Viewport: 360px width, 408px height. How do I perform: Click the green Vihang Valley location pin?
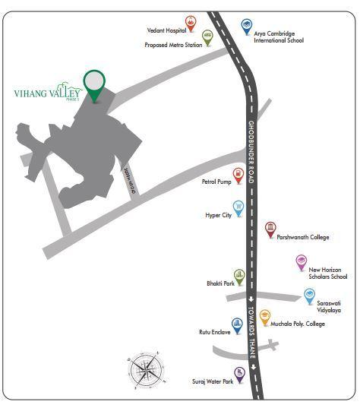pyautogui.click(x=94, y=84)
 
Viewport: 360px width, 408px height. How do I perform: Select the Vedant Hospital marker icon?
pyautogui.click(x=191, y=24)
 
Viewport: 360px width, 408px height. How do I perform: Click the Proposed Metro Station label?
pyautogui.click(x=172, y=45)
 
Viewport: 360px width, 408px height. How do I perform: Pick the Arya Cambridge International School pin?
pyautogui.click(x=246, y=27)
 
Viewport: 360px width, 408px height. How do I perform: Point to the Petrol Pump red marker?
pyautogui.click(x=238, y=176)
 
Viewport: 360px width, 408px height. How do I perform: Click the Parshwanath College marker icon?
pyautogui.click(x=270, y=229)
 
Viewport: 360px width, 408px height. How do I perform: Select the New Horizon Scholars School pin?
pyautogui.click(x=301, y=262)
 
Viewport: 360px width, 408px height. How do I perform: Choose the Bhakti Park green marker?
pyautogui.click(x=239, y=275)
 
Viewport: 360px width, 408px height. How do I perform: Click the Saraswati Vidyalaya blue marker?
pyautogui.click(x=309, y=296)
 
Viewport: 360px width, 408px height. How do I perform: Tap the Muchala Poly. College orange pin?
pyautogui.click(x=265, y=318)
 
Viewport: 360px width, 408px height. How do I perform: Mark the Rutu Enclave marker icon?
pyautogui.click(x=237, y=326)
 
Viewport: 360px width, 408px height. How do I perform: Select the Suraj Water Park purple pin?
pyautogui.click(x=239, y=373)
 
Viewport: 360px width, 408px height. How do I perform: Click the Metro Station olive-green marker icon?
pyautogui.click(x=208, y=36)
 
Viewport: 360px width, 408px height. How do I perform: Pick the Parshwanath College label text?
pyautogui.click(x=303, y=238)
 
